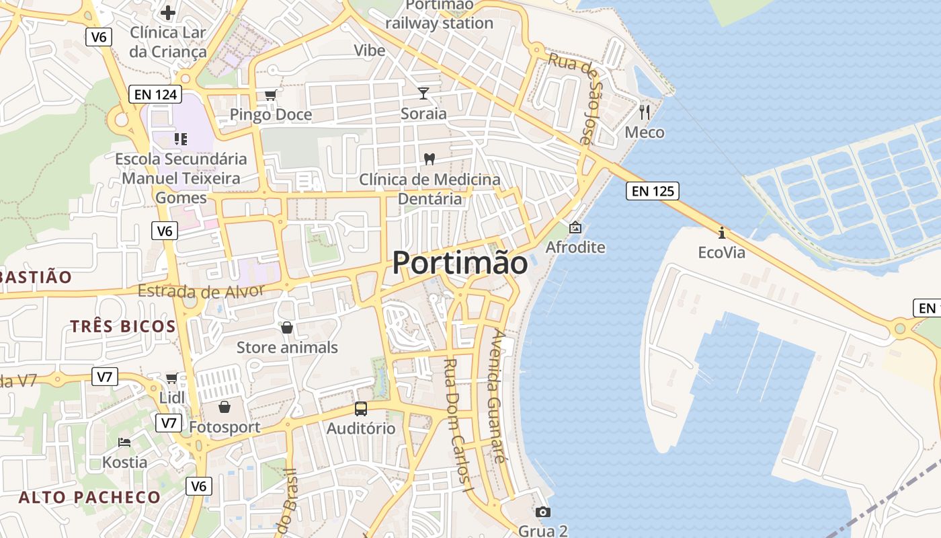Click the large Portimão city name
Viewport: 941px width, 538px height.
pos(460,262)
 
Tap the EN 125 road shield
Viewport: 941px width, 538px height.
pos(653,191)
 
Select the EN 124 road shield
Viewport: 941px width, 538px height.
pos(155,95)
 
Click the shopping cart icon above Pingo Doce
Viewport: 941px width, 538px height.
pos(270,95)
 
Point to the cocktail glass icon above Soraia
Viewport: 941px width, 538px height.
pos(423,93)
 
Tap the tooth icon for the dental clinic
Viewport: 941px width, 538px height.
pos(429,159)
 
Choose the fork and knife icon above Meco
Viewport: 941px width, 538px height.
pos(645,112)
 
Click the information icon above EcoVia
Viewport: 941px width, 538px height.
pos(722,233)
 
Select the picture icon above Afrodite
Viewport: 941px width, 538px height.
pos(575,227)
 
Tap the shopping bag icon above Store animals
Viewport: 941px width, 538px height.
pos(287,328)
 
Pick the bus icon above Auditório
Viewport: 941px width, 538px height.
pos(361,408)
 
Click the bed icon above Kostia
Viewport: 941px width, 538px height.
pos(124,442)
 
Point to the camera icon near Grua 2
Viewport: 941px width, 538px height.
pos(543,512)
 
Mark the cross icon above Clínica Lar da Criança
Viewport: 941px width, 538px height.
pos(168,12)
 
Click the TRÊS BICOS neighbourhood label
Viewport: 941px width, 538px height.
pos(123,327)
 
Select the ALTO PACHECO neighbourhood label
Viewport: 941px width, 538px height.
pos(89,498)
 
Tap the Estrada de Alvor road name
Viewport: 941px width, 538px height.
pos(201,291)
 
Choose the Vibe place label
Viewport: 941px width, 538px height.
pos(370,50)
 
